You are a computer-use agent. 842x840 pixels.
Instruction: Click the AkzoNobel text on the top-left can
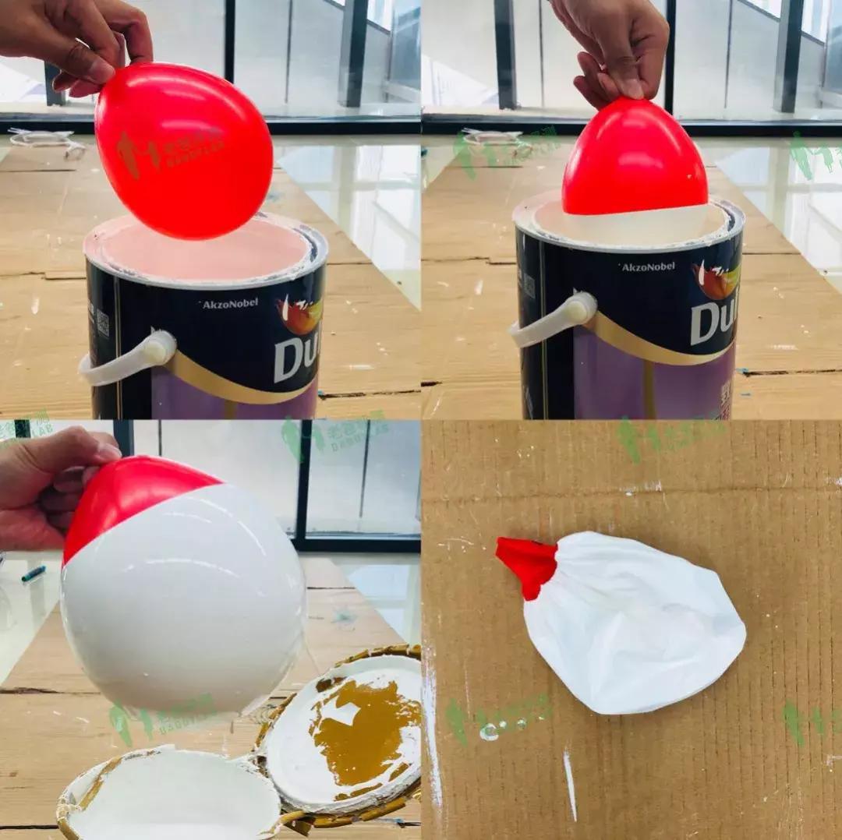[x=229, y=303]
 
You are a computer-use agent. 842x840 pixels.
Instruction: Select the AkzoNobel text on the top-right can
[x=648, y=266]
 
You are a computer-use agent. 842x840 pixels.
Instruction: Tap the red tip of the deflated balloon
[x=529, y=563]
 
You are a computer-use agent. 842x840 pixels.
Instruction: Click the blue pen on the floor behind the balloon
[x=33, y=574]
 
